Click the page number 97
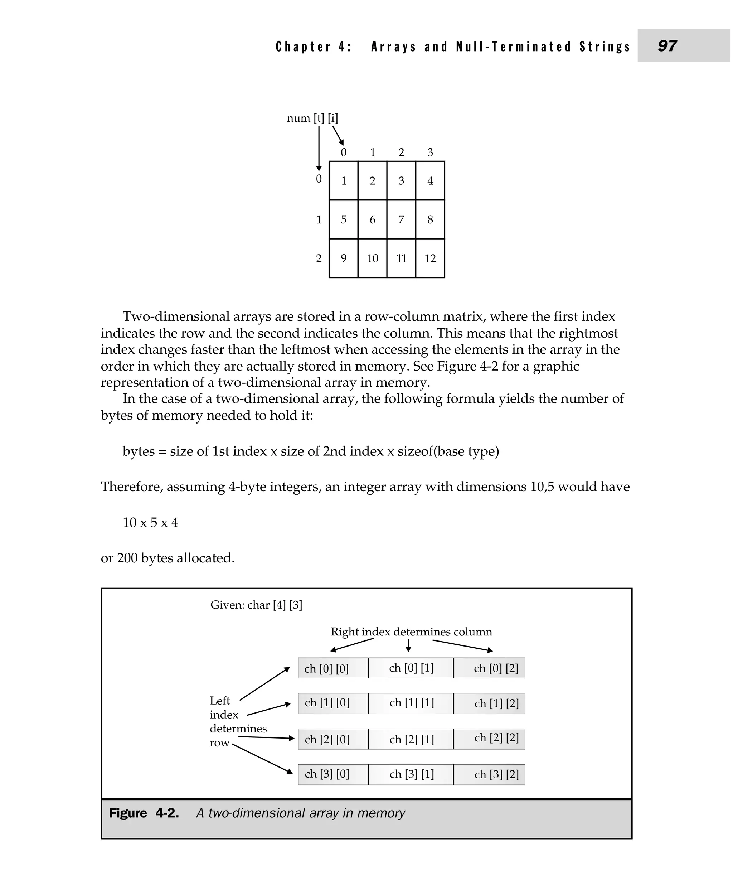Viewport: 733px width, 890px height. [667, 45]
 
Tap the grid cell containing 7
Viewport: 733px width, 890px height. [401, 219]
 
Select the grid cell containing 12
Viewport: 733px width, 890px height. [430, 258]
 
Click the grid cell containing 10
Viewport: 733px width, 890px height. [372, 258]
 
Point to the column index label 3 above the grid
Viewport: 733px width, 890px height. [430, 152]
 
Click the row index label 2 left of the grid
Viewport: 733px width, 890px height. [319, 258]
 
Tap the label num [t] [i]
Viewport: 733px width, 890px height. [312, 118]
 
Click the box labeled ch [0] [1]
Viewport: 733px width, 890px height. [411, 668]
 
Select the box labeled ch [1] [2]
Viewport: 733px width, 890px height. [489, 703]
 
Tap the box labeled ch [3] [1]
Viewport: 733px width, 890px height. [411, 774]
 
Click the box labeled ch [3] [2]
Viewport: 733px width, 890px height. [489, 774]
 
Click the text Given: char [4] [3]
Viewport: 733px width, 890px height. [256, 605]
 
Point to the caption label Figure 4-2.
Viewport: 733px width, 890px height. [144, 813]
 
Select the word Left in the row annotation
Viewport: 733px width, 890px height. [219, 701]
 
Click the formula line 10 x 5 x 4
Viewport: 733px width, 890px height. [150, 523]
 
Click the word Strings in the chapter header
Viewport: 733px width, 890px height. [604, 47]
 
